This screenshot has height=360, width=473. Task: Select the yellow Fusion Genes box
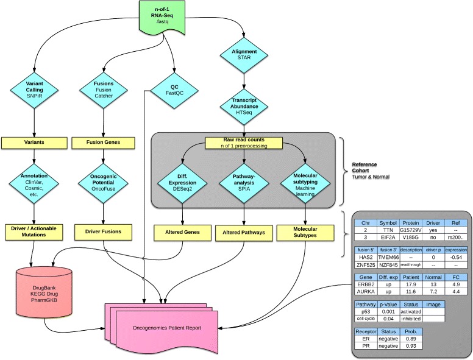104,142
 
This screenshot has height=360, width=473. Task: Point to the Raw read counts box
243,143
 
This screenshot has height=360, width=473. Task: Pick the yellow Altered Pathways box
243,231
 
